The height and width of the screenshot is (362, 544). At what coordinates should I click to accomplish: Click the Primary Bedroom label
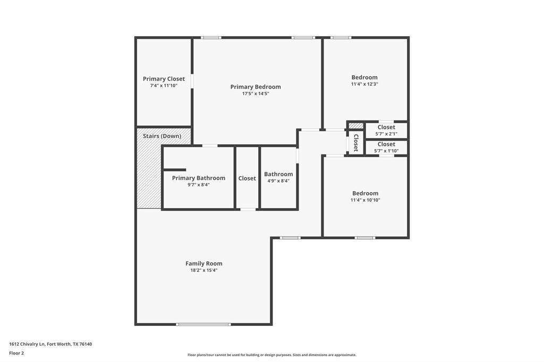click(x=256, y=87)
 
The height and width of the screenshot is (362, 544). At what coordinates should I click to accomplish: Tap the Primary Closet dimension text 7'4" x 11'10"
click(x=164, y=85)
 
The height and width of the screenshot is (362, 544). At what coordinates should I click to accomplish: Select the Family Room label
click(x=203, y=263)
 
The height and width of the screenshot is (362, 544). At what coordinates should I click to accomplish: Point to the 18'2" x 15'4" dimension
click(x=203, y=270)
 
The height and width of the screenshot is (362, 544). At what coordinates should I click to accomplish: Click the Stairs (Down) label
click(x=162, y=136)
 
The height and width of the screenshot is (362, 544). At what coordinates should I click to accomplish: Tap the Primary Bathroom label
click(x=198, y=178)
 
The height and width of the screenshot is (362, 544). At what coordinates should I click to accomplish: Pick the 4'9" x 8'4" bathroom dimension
click(x=278, y=181)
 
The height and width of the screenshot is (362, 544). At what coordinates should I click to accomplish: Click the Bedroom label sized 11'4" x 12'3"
click(x=364, y=77)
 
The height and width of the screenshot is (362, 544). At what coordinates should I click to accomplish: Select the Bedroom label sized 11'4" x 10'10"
click(x=365, y=193)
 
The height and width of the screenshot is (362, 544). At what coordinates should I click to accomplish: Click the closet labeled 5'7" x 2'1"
click(x=386, y=127)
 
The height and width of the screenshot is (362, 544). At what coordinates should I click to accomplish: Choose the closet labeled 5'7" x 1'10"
click(x=386, y=144)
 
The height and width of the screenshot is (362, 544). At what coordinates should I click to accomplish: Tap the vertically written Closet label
click(x=356, y=143)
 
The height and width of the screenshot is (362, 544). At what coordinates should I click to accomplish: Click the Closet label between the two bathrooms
click(x=247, y=178)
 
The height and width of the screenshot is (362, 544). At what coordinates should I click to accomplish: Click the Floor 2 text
click(x=16, y=353)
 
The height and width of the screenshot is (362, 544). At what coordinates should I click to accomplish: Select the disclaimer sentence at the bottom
click(x=271, y=355)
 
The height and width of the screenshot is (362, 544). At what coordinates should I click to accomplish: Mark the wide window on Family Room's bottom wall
click(x=203, y=324)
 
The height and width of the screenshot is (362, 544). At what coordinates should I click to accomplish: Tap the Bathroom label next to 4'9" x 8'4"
click(x=278, y=174)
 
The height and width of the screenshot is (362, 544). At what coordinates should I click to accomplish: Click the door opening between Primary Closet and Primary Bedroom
click(x=192, y=81)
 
